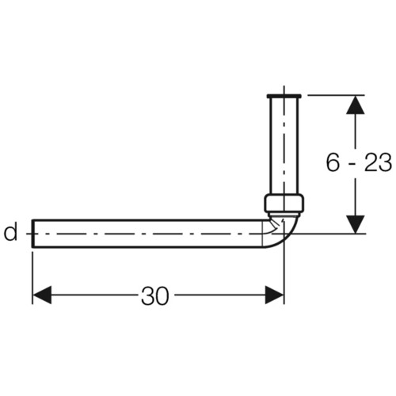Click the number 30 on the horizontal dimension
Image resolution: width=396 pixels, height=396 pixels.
pos(154,295)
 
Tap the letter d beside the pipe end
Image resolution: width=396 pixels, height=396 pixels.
pos(11,231)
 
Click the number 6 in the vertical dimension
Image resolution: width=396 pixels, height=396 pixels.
pos(333,162)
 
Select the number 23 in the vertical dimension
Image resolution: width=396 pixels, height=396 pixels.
pos(379,162)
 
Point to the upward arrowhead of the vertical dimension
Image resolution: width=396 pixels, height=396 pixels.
pos(356,105)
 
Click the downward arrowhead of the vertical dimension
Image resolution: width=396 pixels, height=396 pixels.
pos(356,224)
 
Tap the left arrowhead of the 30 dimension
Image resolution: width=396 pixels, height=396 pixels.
pos(42,295)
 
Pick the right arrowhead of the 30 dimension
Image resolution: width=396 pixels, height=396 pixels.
pos(275,295)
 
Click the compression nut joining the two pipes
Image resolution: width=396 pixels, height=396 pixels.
pos(284,203)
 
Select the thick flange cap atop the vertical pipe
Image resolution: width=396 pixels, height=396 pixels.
pos(284,96)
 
